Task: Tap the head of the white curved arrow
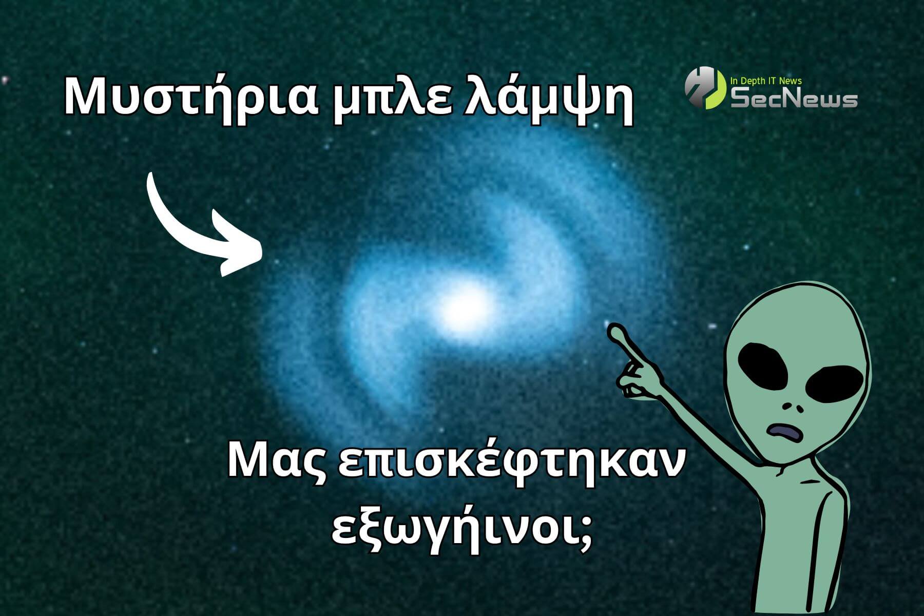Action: (x=239, y=246)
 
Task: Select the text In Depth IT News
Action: (x=765, y=81)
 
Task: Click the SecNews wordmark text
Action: (x=794, y=99)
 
